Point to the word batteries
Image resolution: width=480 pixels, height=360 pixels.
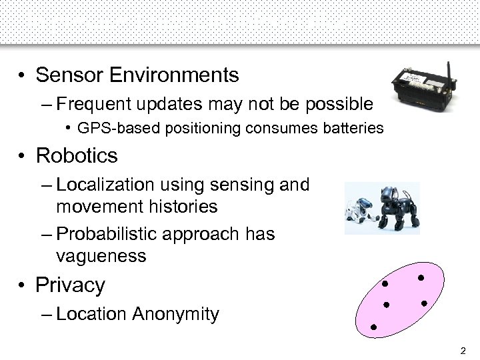pyautogui.click(x=352, y=127)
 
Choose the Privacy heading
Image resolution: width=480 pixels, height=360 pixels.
pyautogui.click(x=71, y=285)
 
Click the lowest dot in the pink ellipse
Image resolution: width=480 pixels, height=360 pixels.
pyautogui.click(x=373, y=327)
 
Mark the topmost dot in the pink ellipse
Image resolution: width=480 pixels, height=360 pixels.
pyautogui.click(x=421, y=277)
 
